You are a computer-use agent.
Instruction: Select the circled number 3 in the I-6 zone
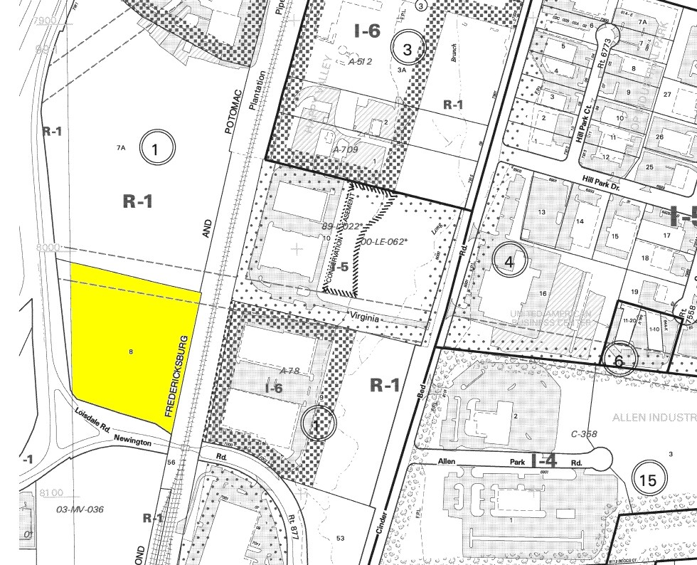407,48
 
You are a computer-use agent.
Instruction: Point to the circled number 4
509,261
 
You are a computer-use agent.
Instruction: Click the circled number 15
648,480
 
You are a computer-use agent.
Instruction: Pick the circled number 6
619,361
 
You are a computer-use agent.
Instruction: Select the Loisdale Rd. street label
95,421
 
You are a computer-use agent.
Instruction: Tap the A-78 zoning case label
289,370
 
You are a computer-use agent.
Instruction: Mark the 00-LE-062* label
385,241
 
